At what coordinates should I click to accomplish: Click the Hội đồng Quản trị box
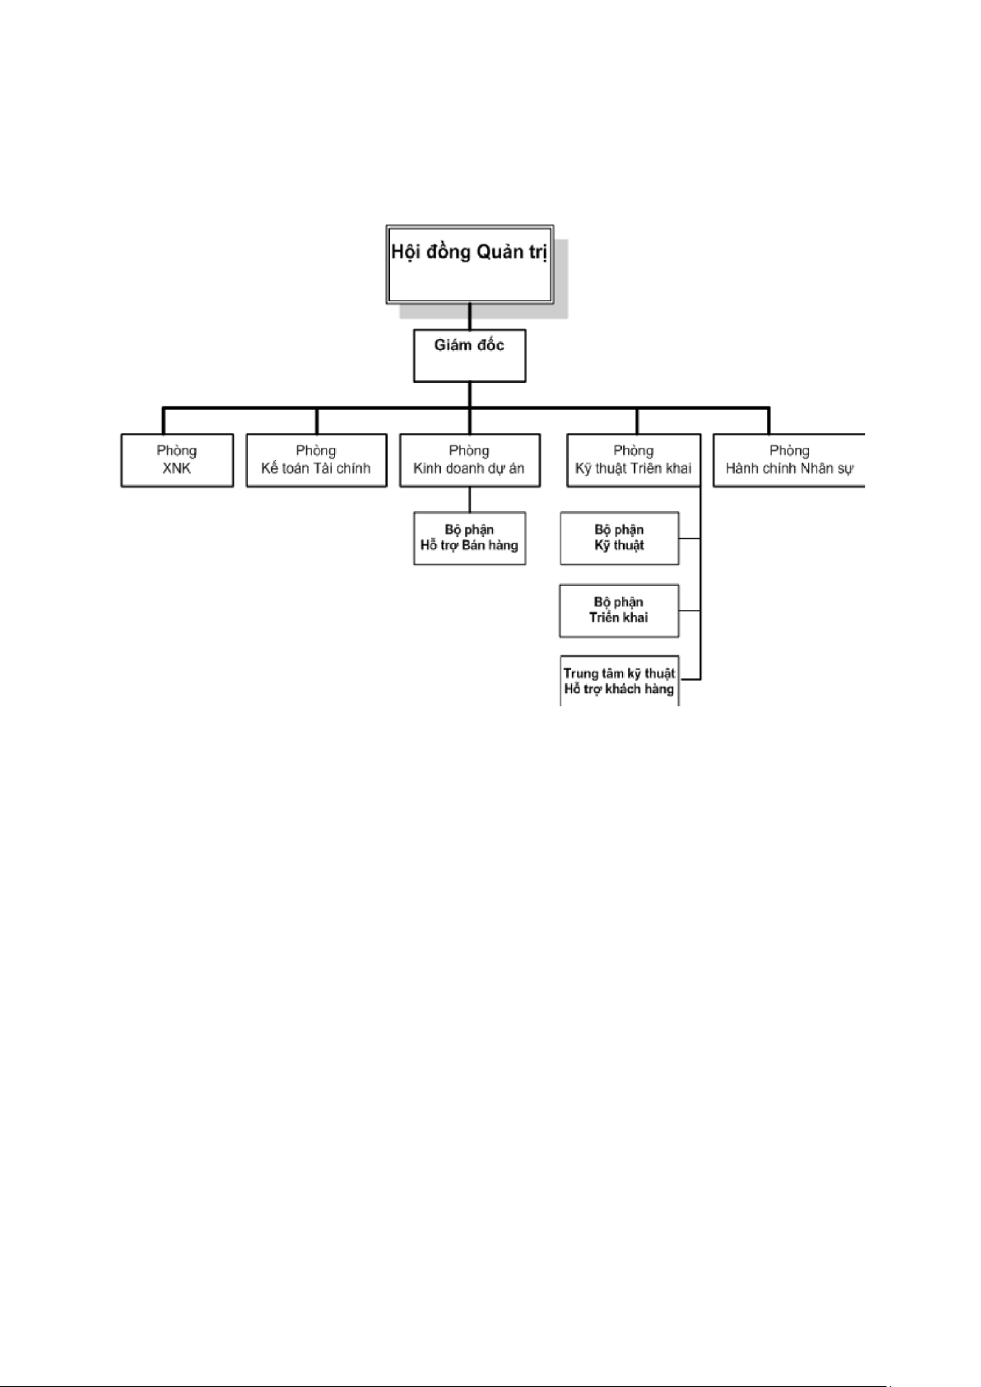coord(470,264)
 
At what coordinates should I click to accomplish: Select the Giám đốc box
coord(470,356)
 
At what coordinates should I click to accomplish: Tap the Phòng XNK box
coord(177,460)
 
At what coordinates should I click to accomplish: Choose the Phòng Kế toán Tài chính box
coord(316,460)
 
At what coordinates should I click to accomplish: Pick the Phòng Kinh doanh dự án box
coord(470,460)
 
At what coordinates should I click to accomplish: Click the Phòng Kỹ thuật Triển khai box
coord(634,460)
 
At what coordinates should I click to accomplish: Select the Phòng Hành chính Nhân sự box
coord(789,460)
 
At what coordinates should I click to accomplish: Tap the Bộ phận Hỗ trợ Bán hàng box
coord(470,538)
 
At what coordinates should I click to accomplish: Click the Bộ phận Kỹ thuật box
coord(620,538)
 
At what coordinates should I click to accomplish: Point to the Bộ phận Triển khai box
coord(619,611)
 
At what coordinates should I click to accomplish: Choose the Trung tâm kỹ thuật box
coord(620,681)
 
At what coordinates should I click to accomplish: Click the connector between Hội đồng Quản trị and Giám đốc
coord(470,316)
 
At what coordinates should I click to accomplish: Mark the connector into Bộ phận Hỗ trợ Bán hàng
coord(470,499)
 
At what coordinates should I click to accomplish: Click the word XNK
coord(177,468)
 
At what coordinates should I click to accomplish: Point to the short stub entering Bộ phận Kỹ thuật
coord(690,538)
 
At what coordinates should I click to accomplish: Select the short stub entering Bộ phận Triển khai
coord(690,611)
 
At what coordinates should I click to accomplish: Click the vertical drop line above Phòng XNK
coord(164,421)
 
